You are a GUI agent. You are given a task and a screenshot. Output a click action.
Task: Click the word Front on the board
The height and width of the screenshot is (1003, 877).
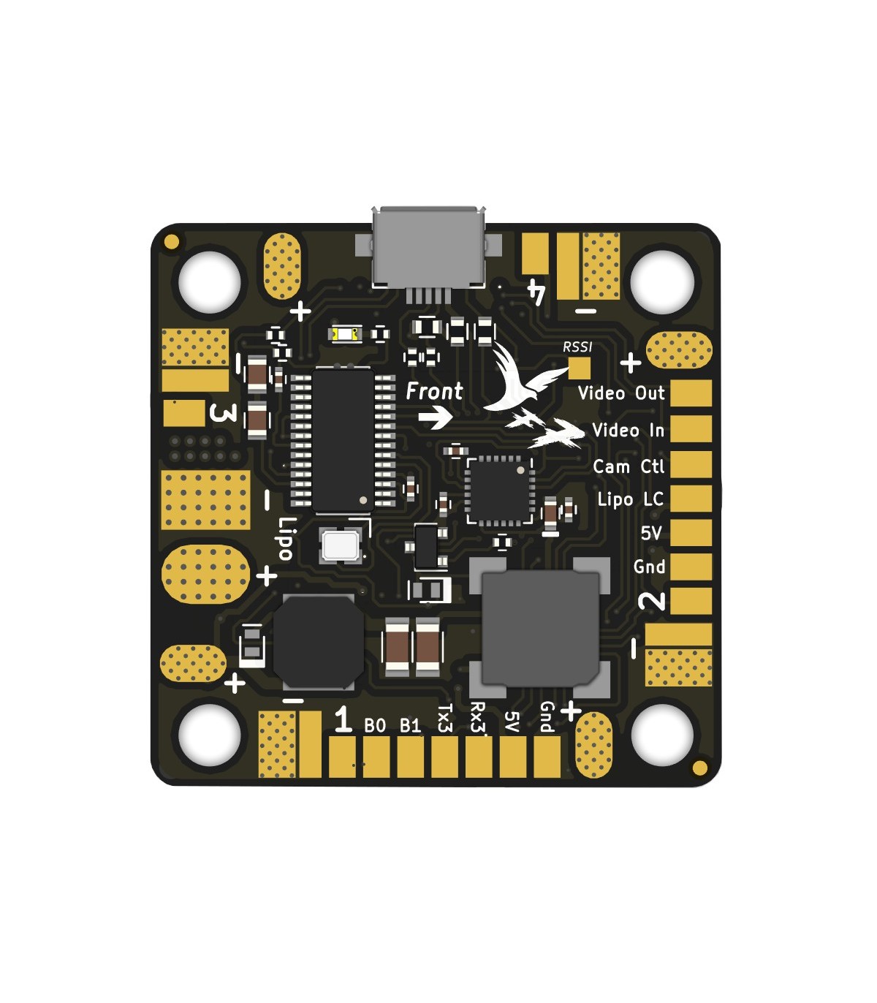point(434,391)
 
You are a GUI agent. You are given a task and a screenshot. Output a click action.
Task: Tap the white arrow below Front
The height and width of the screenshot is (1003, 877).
point(435,417)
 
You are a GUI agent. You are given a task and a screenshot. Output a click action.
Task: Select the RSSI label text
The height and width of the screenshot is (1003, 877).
point(577,347)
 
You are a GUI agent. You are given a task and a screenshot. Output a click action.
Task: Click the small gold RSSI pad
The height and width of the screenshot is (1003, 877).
point(580,368)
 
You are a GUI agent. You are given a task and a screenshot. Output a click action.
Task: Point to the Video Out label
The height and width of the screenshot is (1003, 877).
point(621,393)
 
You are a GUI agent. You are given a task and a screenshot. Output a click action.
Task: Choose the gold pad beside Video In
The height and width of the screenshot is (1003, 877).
point(691,429)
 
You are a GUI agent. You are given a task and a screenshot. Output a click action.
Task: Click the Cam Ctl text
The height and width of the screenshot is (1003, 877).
point(629,466)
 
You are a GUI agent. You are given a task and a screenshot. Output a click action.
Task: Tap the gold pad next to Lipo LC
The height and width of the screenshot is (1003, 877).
point(691,499)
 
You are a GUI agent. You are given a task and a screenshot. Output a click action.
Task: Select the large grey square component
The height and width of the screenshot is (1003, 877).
point(540,627)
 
